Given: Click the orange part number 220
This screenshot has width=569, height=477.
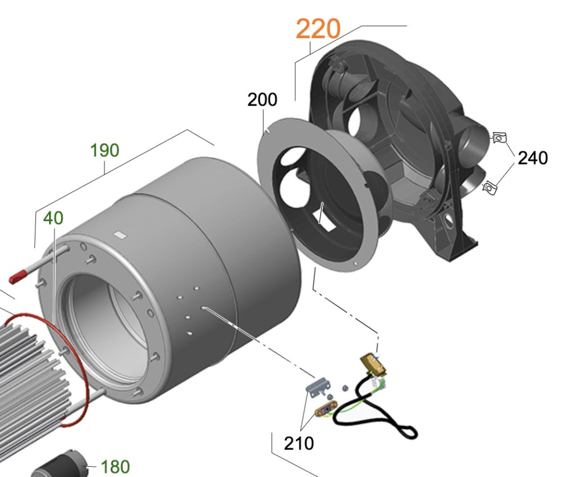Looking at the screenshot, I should tap(318, 29).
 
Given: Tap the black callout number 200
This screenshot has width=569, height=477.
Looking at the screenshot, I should tap(262, 99).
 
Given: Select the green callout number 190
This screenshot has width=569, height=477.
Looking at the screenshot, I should tap(104, 151).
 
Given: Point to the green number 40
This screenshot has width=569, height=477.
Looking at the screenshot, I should tap(53, 218).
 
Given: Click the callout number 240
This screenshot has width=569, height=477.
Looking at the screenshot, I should tap(532, 158).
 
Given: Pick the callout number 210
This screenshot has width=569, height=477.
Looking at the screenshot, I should tap(298, 442).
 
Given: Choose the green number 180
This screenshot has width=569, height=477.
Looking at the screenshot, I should tap(115, 466).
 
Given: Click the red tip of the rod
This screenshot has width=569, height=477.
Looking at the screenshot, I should tap(18, 277).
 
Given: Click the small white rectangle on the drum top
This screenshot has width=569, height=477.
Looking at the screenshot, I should tap(120, 234).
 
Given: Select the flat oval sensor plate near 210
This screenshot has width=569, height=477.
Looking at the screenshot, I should tap(324, 410).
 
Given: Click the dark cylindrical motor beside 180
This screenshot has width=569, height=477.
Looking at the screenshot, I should tap(60, 466).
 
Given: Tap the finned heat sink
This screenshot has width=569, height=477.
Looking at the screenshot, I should tap(26, 366).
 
